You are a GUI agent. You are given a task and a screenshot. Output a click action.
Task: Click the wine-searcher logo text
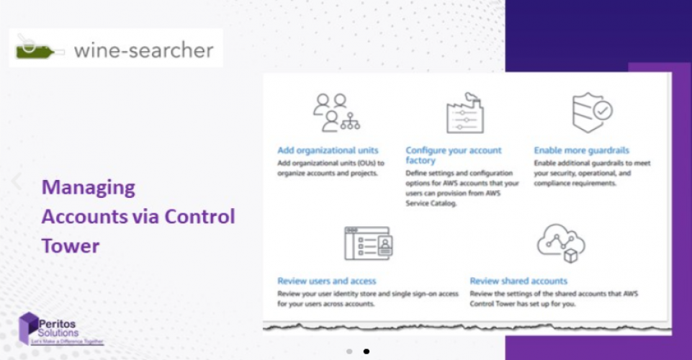143,50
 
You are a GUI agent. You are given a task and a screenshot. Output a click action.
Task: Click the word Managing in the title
89,188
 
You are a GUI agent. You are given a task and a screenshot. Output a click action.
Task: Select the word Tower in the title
71,246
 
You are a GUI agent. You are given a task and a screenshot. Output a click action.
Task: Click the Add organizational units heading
328,150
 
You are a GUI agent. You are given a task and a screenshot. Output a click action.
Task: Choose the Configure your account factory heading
453,156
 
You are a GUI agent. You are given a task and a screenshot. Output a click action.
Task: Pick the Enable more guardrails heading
581,150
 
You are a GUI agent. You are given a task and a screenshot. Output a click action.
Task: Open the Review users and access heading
327,281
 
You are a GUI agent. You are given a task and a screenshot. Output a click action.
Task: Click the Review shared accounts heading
518,281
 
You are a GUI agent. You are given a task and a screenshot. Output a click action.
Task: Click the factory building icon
464,113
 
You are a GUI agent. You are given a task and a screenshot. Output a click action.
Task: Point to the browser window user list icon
367,243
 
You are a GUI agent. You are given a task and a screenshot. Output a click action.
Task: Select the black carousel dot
367,351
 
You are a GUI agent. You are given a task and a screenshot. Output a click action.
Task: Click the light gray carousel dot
349,351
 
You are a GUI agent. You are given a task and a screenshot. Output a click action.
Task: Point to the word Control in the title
199,217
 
